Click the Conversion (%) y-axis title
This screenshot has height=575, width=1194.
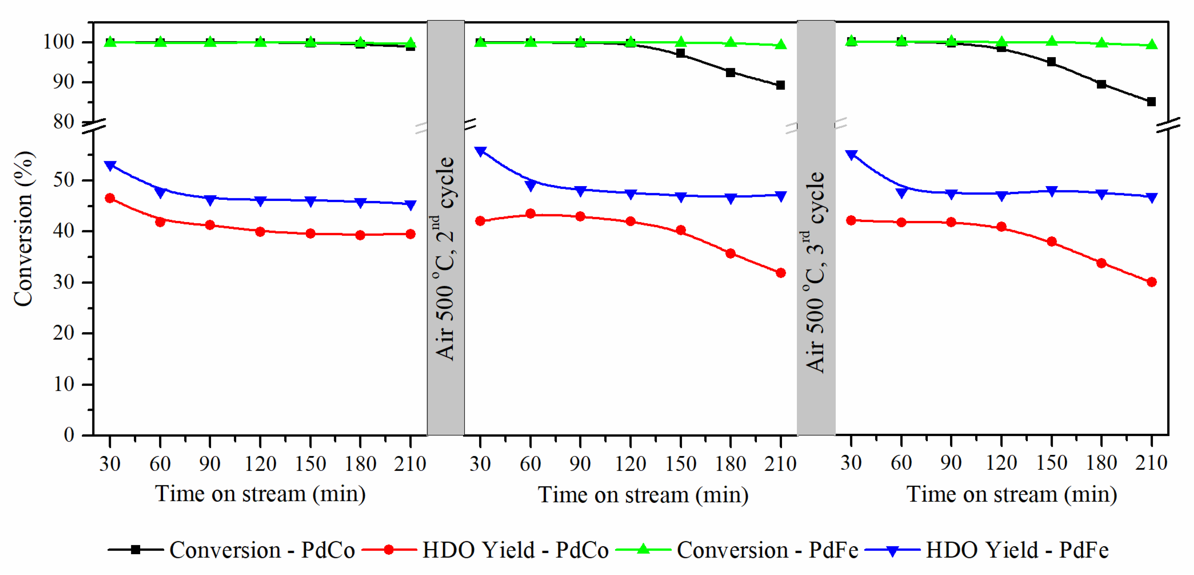click(23, 228)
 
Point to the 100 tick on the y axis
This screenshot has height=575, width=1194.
click(59, 42)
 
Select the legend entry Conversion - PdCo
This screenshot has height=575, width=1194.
click(232, 550)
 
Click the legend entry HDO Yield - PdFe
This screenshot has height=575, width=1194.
click(987, 550)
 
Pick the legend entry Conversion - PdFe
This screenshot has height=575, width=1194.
click(738, 550)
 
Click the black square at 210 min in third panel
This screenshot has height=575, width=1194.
click(1151, 102)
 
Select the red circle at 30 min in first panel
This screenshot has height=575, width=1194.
click(110, 198)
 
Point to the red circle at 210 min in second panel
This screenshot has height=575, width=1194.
click(781, 273)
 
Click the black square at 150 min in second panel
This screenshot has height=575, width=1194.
click(680, 53)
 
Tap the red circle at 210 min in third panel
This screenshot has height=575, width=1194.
click(1151, 282)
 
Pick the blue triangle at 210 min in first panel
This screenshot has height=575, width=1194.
click(410, 205)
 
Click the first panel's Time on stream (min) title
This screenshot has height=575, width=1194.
click(260, 494)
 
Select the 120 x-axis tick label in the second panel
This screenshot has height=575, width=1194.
click(630, 464)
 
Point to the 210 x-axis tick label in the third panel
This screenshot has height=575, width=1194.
click(1151, 463)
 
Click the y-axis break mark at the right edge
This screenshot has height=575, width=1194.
click(1168, 125)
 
